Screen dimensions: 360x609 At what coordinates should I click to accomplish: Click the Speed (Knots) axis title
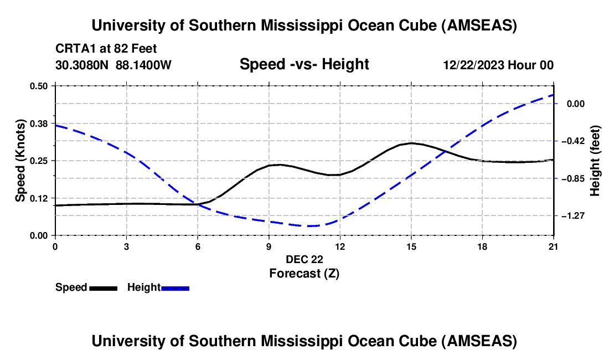click(20, 160)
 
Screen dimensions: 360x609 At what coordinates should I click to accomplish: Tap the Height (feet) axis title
click(596, 161)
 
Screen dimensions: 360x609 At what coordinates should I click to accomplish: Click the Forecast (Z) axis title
click(304, 273)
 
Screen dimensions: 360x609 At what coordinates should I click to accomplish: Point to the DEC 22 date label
click(304, 259)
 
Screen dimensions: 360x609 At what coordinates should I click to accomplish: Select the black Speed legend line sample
click(103, 288)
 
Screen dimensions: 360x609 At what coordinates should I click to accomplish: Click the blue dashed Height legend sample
click(176, 288)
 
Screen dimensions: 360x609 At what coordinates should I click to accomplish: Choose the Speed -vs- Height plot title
click(304, 65)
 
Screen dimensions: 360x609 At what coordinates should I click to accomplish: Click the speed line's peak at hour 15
click(411, 143)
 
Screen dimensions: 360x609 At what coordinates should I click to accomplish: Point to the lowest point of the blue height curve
click(310, 226)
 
